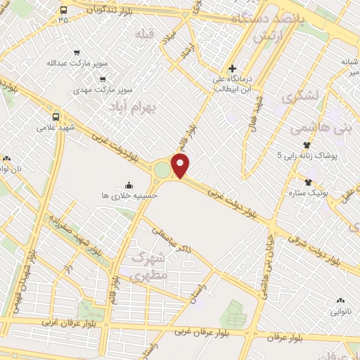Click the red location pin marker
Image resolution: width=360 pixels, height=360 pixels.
(181, 167)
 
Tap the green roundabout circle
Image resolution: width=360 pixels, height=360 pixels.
(162, 169)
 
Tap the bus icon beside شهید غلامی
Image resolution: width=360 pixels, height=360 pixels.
(56, 116)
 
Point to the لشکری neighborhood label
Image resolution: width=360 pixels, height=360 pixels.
(300, 97)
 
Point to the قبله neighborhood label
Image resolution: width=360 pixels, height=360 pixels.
(145, 34)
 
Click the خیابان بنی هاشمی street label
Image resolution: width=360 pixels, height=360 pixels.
(267, 253)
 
